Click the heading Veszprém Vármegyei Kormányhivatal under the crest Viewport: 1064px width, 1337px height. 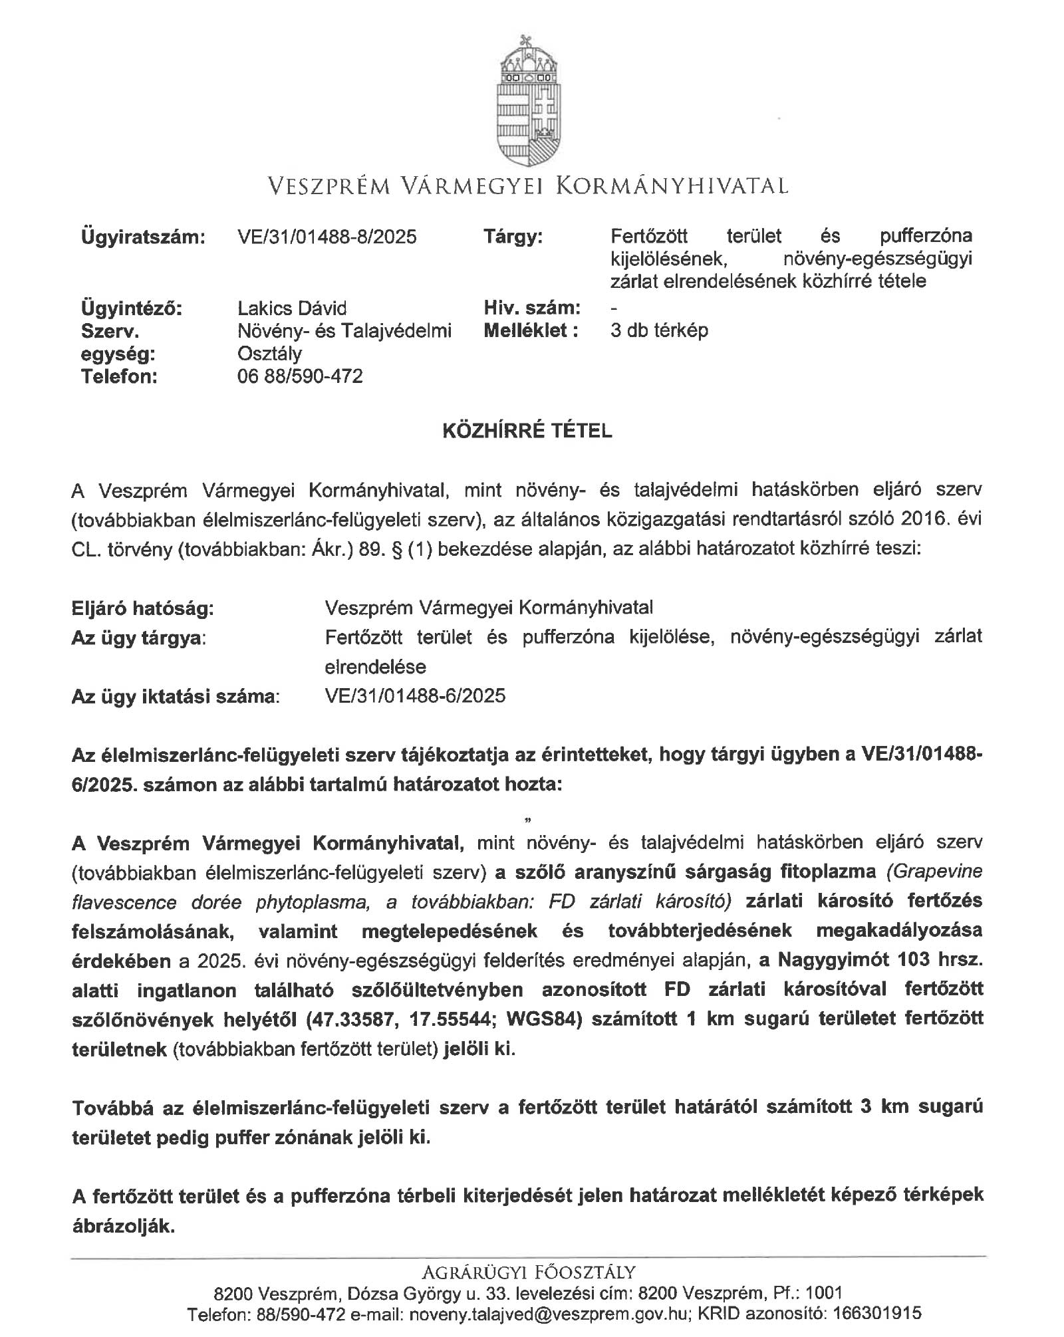pos(527,185)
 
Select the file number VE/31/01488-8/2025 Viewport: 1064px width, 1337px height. pos(327,237)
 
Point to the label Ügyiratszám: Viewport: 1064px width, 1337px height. pos(143,237)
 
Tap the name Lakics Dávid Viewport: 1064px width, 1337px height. pos(292,308)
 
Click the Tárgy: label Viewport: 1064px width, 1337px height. pos(513,237)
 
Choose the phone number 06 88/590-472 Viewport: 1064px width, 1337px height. pos(300,377)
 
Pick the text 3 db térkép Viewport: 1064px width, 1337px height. pos(659,330)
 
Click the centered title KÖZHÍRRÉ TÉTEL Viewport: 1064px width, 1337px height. pos(527,431)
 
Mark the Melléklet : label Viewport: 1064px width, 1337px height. pos(531,330)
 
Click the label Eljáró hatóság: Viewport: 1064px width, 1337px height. pos(143,608)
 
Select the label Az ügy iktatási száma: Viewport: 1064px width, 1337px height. pos(176,697)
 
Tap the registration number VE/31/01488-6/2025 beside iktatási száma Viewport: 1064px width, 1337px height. pos(415,696)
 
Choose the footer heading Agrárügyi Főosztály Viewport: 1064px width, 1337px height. pos(528,1273)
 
